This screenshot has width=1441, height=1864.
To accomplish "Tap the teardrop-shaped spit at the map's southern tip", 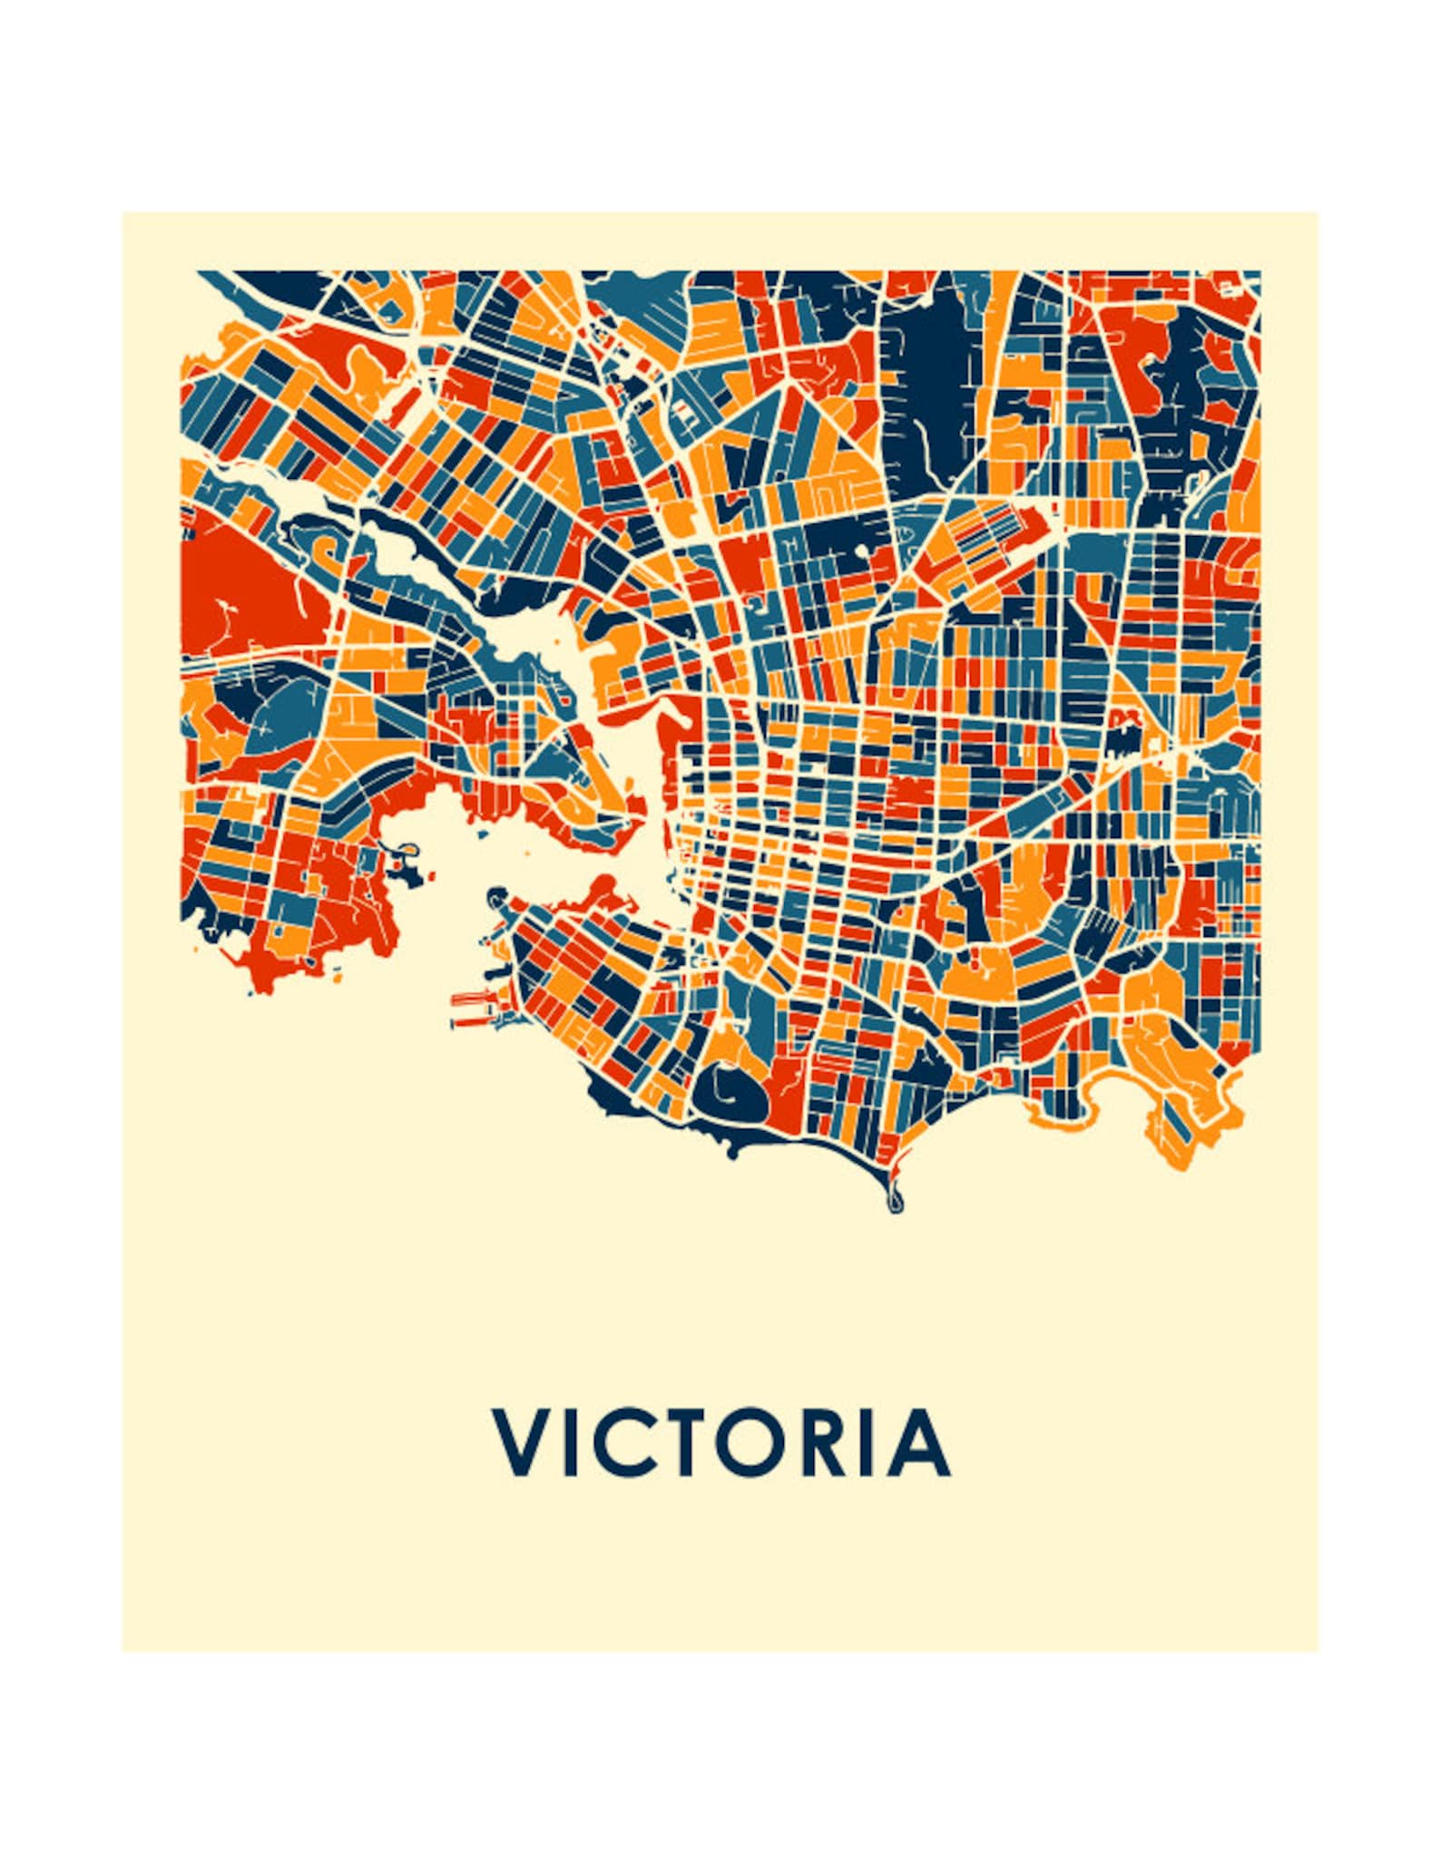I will pyautogui.click(x=897, y=1199).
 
